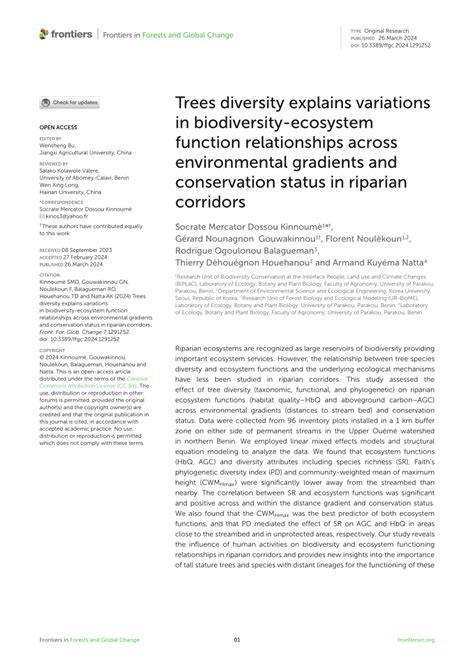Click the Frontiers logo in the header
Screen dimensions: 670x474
67,35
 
